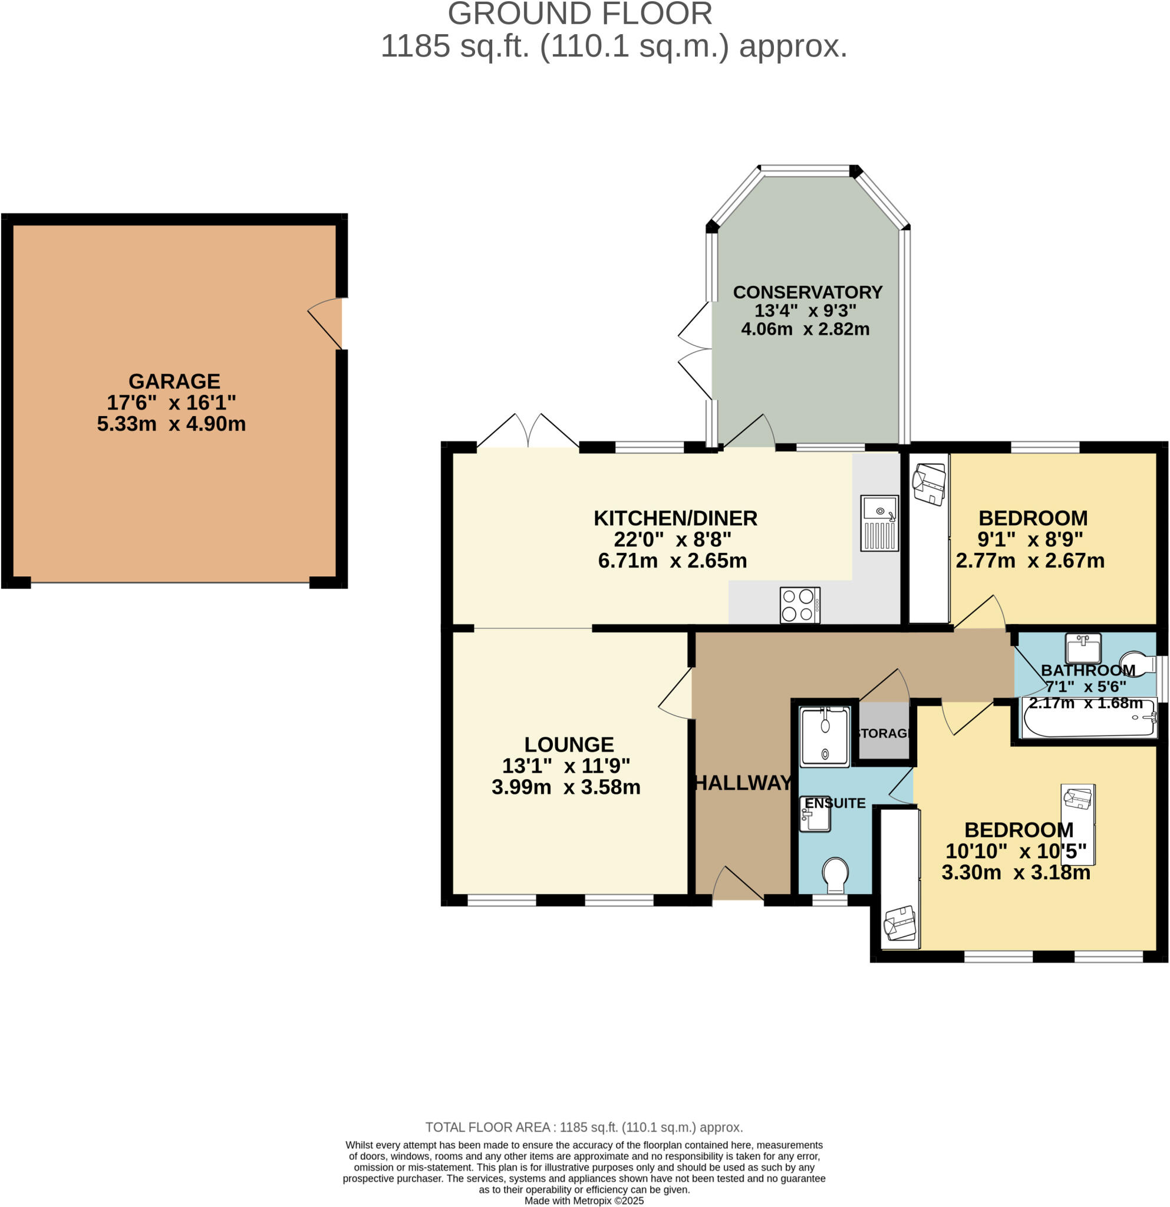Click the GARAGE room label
pyautogui.click(x=174, y=381)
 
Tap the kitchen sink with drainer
pyautogui.click(x=879, y=523)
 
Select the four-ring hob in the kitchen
pyautogui.click(x=800, y=605)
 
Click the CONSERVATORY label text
pyautogui.click(x=808, y=292)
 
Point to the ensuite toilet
pyautogui.click(x=836, y=875)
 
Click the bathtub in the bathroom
pyautogui.click(x=1089, y=718)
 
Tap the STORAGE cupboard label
pyautogui.click(x=884, y=733)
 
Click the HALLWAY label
pyautogui.click(x=743, y=783)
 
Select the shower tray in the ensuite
pyautogui.click(x=825, y=737)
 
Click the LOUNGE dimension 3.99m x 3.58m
pyautogui.click(x=566, y=787)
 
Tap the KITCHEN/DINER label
pyautogui.click(x=675, y=519)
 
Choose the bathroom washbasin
pyautogui.click(x=1083, y=649)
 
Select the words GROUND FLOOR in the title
pyautogui.click(x=580, y=14)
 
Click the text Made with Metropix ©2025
pyautogui.click(x=584, y=1201)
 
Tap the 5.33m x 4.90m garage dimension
pyautogui.click(x=171, y=424)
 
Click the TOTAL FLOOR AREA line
pyautogui.click(x=584, y=1127)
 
